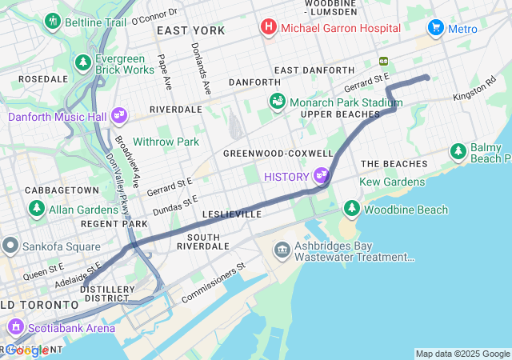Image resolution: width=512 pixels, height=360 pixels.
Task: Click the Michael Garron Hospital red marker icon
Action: pyautogui.click(x=268, y=28)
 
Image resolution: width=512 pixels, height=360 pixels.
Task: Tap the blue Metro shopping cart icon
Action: pyautogui.click(x=436, y=28)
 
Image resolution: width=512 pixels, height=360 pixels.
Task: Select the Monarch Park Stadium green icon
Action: pyautogui.click(x=278, y=102)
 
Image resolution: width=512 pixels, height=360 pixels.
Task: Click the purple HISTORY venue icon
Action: pyautogui.click(x=322, y=174)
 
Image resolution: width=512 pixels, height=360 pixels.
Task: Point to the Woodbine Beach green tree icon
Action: pyautogui.click(x=351, y=209)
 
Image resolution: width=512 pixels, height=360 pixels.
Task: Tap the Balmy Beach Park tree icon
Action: pyautogui.click(x=458, y=150)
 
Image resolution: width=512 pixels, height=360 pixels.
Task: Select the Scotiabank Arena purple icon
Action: pyautogui.click(x=15, y=326)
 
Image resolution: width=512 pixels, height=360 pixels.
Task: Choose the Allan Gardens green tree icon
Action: pyautogui.click(x=37, y=208)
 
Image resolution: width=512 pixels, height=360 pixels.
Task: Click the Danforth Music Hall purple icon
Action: pyautogui.click(x=119, y=116)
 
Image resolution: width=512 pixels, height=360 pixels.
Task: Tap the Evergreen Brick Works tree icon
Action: pyautogui.click(x=82, y=62)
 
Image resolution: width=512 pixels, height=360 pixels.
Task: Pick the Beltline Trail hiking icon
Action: pyautogui.click(x=54, y=22)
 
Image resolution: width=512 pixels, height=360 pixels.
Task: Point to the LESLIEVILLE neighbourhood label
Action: pyautogui.click(x=233, y=214)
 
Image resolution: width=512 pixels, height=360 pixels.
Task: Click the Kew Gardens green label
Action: pyautogui.click(x=392, y=182)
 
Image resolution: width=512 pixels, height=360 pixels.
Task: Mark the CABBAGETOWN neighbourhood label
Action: pyautogui.click(x=62, y=190)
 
